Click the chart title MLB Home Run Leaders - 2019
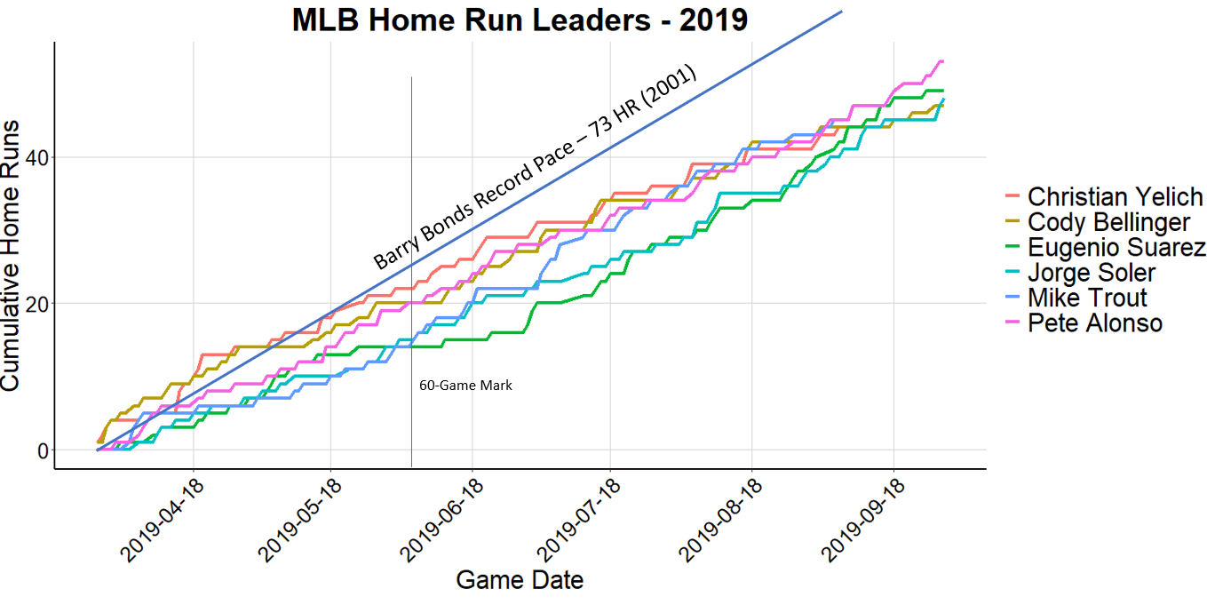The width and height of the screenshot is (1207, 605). (520, 20)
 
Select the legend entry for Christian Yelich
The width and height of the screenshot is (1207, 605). (1115, 196)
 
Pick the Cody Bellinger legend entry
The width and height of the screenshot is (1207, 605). (1108, 222)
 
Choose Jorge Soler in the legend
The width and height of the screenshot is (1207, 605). (1092, 273)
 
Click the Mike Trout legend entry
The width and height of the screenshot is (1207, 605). (1087, 298)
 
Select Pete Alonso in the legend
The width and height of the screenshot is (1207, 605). (1094, 322)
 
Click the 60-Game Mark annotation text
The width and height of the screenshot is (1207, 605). (465, 386)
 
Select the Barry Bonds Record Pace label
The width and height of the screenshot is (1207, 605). (535, 169)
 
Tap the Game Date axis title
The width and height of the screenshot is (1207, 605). (520, 580)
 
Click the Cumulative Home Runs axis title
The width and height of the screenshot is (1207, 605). (12, 254)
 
